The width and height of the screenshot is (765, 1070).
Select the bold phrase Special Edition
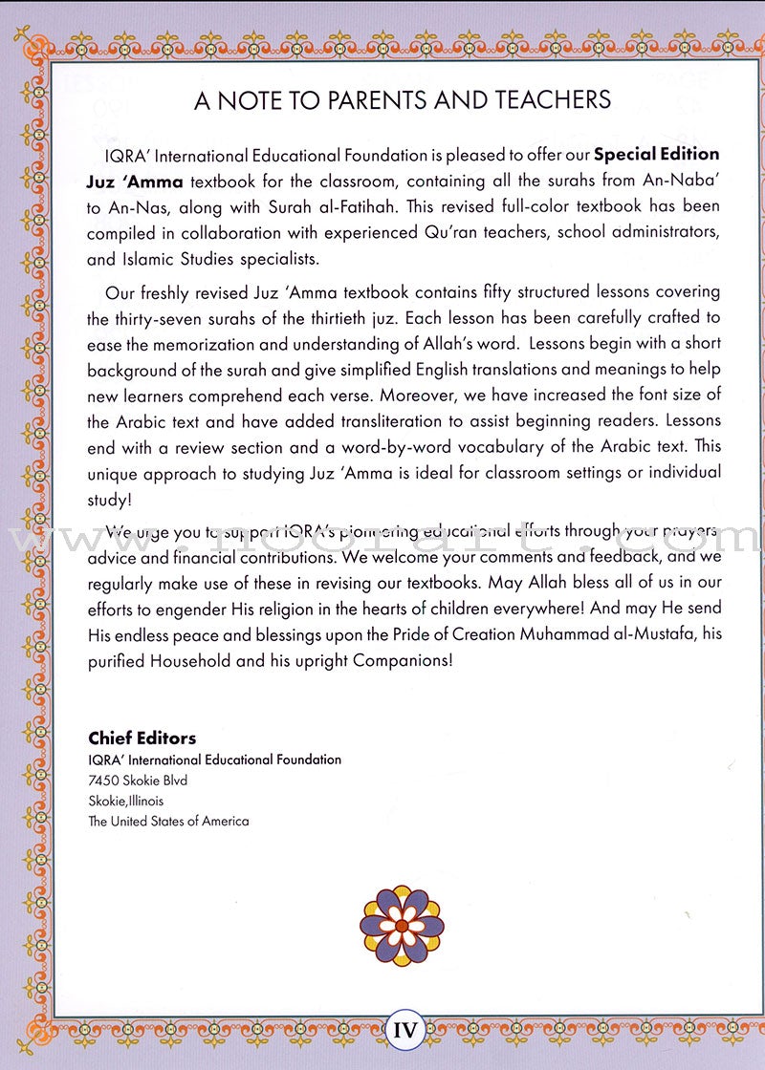[x=657, y=155]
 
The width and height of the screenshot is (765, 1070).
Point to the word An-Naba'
[x=689, y=181]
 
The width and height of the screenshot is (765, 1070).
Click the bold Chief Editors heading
[x=142, y=738]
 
